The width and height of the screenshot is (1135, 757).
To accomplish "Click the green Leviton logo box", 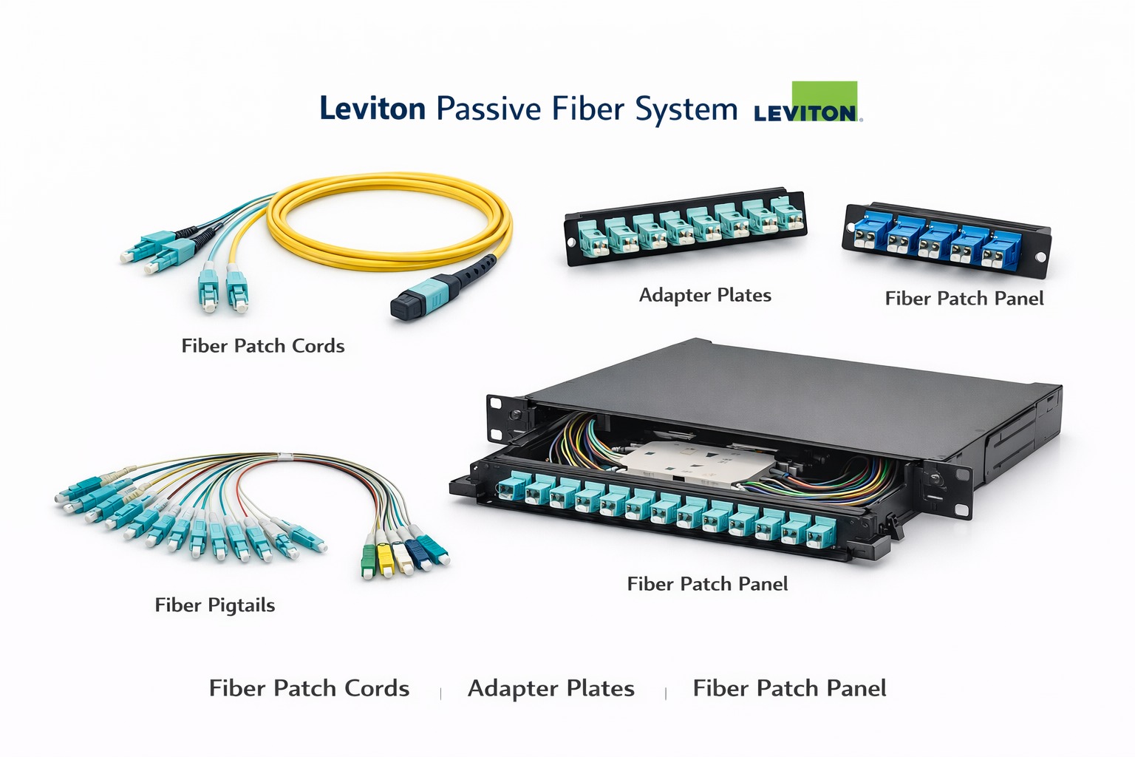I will click(824, 101).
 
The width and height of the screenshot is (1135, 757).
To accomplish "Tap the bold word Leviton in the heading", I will click(372, 109).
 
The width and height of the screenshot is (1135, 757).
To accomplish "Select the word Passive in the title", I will click(488, 109).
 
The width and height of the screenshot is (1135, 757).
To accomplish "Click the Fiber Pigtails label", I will click(214, 605).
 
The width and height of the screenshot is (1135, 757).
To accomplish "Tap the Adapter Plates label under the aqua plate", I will click(704, 296).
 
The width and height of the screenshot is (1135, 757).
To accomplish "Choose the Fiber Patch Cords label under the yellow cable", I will click(263, 346).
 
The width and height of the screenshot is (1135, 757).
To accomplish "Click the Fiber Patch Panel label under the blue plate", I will click(964, 299).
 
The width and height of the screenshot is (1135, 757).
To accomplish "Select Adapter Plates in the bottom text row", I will click(551, 689).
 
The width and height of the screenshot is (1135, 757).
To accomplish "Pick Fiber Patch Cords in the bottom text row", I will click(309, 689).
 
